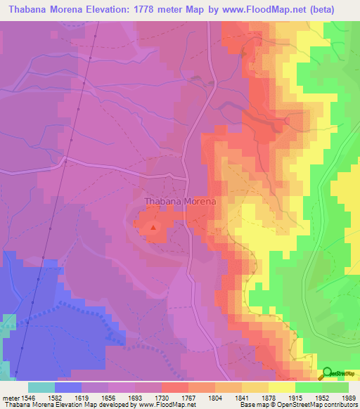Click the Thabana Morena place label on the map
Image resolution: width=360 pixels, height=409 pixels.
pyautogui.click(x=179, y=201)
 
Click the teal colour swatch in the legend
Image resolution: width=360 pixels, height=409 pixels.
pyautogui.click(x=41, y=387)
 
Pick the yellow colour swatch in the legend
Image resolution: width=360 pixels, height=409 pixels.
pyautogui.click(x=282, y=387)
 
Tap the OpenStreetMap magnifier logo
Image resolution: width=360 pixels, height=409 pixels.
pyautogui.click(x=328, y=374)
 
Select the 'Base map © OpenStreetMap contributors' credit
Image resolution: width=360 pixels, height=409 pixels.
pyautogui.click(x=298, y=405)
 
